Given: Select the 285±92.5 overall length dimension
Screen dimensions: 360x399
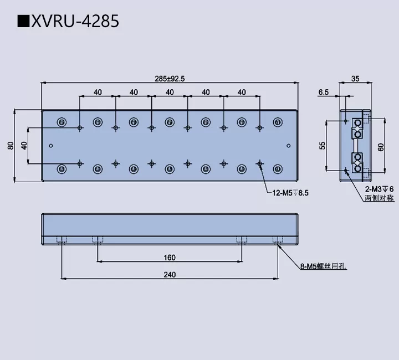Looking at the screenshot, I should click(x=170, y=79).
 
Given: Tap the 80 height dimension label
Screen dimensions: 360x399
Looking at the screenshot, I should click(x=11, y=146).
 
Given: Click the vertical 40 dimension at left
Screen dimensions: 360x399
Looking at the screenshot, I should click(x=24, y=146).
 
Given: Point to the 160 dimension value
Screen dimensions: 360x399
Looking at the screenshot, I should click(x=170, y=257).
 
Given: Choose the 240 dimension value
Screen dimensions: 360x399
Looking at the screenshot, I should click(x=170, y=275).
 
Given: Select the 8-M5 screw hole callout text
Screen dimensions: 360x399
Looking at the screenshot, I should click(x=323, y=266).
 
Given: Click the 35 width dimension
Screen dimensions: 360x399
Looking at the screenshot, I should click(x=355, y=79).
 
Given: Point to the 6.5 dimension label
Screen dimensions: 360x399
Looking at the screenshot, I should click(x=324, y=92).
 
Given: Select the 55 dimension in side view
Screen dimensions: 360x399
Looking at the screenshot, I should click(x=323, y=146).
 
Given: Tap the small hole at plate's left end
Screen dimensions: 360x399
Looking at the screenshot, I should click(x=51, y=146).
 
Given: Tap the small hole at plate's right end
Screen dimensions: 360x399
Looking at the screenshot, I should click(x=288, y=146).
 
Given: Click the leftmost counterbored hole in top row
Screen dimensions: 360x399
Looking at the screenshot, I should click(x=62, y=122).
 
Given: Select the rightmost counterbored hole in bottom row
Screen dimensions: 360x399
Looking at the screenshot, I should click(x=278, y=168).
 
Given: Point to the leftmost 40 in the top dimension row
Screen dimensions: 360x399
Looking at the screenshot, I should click(x=98, y=92).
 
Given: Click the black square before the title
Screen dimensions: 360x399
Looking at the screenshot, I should click(x=23, y=22).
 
